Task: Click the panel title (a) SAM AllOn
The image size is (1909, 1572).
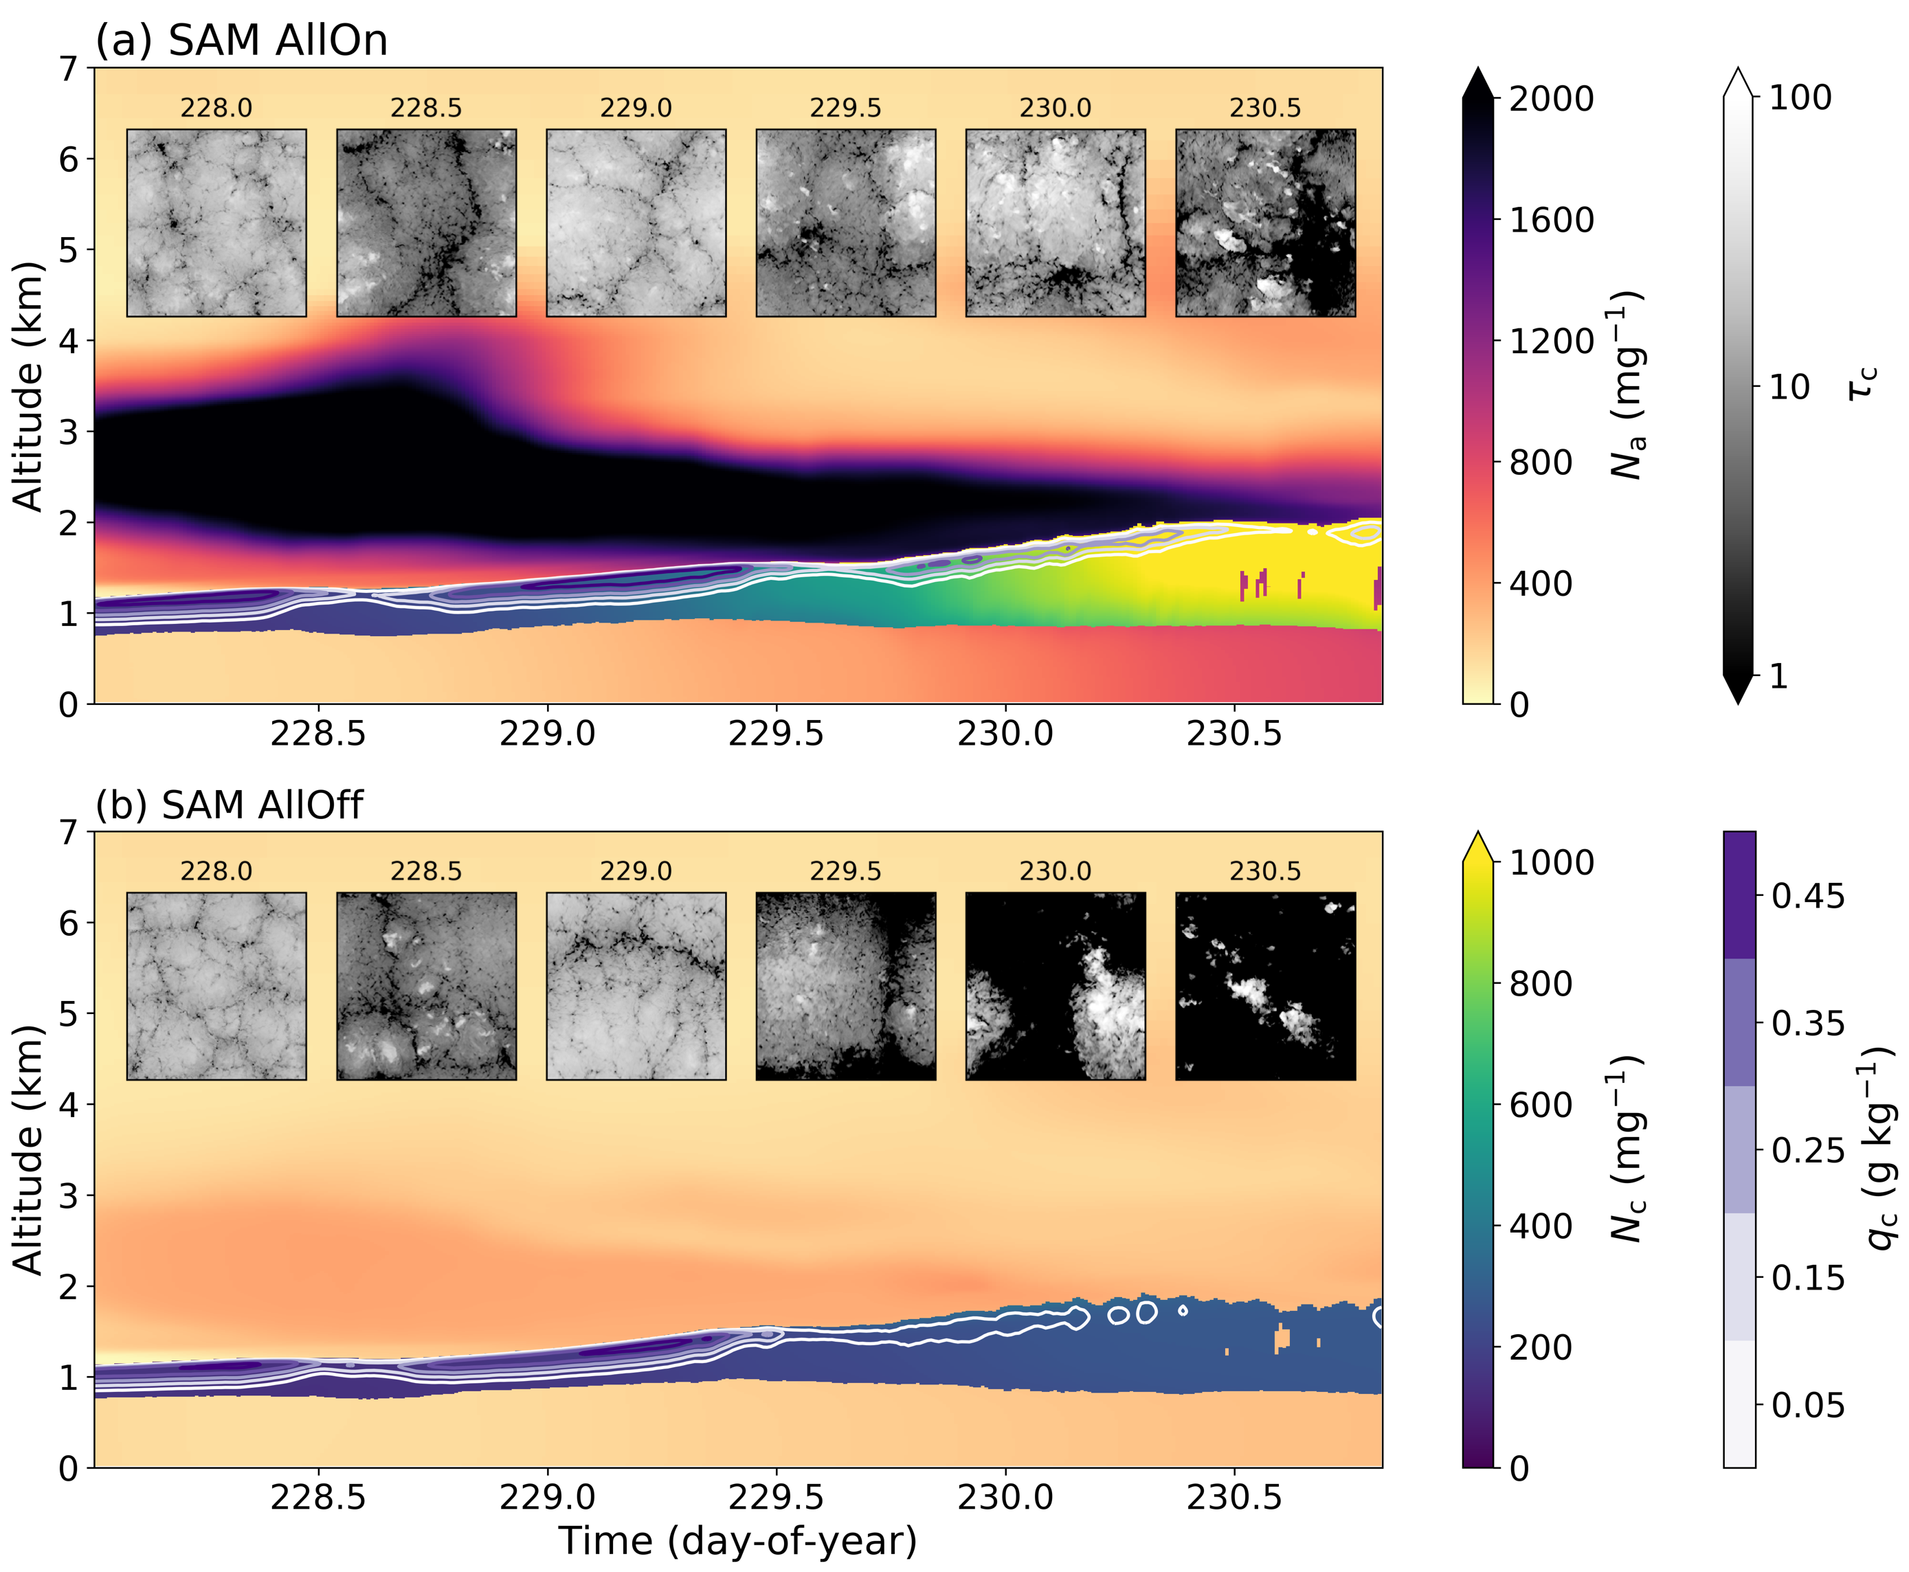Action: tap(241, 41)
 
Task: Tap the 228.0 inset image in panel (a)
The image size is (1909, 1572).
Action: tap(216, 223)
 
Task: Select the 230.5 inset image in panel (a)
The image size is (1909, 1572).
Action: tap(1265, 223)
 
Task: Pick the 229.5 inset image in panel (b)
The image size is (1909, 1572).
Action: tap(846, 986)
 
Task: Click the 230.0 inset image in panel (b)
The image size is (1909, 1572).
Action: tap(1055, 986)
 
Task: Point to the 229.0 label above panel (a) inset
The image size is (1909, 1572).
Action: tap(636, 109)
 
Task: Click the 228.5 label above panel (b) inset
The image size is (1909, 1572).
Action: tap(425, 871)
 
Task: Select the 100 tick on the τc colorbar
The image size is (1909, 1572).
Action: tap(1800, 98)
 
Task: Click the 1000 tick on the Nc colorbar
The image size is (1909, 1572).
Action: tap(1550, 862)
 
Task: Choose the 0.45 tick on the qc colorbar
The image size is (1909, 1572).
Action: tap(1807, 897)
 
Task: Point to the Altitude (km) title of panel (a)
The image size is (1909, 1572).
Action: tap(29, 387)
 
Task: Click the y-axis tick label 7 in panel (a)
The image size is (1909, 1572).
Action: tap(69, 69)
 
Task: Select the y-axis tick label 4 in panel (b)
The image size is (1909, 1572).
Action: tap(69, 1105)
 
